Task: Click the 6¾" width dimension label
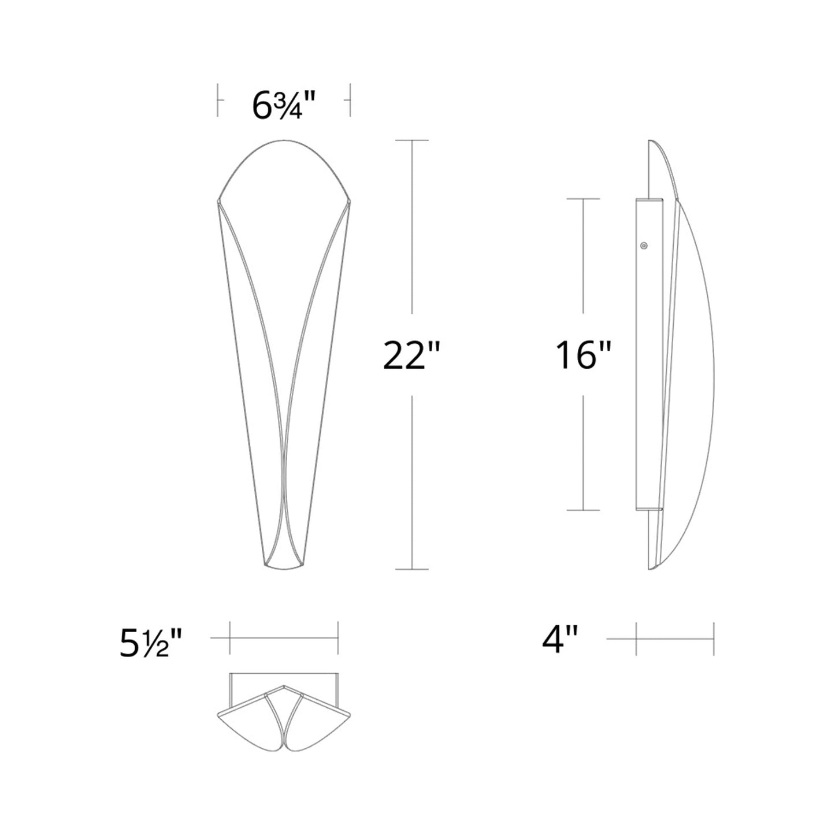point(284,105)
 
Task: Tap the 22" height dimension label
point(411,355)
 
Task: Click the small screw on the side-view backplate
point(644,245)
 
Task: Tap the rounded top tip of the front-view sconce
point(284,140)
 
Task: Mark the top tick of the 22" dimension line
point(411,140)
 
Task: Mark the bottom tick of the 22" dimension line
point(411,569)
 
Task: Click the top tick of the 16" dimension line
point(582,199)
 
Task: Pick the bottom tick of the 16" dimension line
point(582,510)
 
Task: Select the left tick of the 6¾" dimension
point(218,100)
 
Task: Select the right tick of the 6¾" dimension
point(350,100)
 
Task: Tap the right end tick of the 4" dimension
point(714,639)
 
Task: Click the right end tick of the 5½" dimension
point(337,638)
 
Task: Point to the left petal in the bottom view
point(246,719)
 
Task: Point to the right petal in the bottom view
point(321,719)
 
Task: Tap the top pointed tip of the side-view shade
point(650,141)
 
